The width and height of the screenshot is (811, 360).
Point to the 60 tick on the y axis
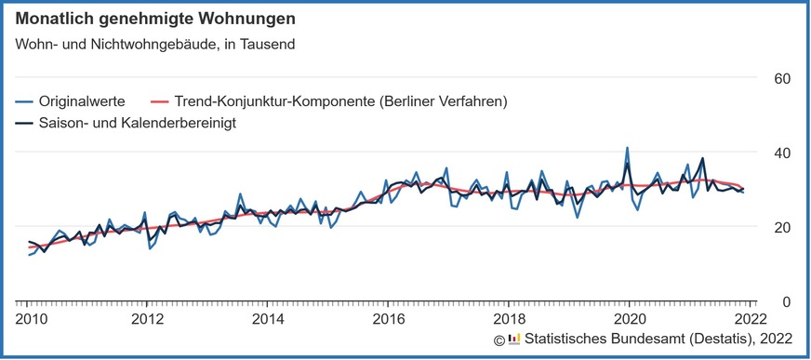tap(782, 78)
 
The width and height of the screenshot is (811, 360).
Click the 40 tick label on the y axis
tap(782, 153)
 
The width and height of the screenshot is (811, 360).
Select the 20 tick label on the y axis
tap(782, 227)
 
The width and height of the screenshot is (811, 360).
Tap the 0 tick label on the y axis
tap(786, 301)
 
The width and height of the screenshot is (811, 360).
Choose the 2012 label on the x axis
tap(148, 319)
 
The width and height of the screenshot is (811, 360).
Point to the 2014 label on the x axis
tap(268, 319)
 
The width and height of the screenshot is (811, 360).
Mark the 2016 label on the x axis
tap(388, 319)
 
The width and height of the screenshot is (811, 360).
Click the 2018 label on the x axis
tap(508, 319)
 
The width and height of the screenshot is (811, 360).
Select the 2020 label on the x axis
tap(629, 319)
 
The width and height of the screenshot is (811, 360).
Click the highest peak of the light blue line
tap(627, 148)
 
